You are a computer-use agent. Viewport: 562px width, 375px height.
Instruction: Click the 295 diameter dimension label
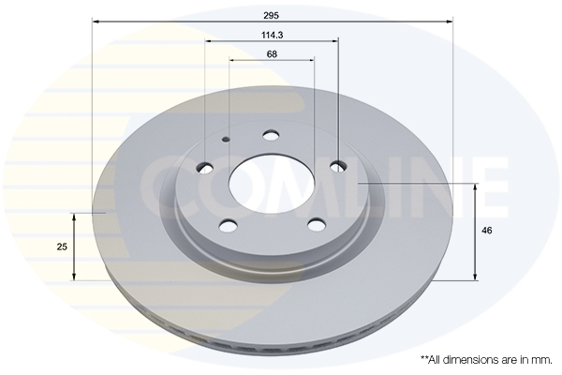(272, 15)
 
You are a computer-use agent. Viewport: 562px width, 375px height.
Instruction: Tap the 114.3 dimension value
(273, 36)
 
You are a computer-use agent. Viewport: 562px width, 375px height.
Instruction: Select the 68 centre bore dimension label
(272, 54)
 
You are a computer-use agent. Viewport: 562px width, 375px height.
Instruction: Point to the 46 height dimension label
(487, 231)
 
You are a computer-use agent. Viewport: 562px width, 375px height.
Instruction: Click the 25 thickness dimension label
(62, 247)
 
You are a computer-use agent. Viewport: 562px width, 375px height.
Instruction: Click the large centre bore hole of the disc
(272, 184)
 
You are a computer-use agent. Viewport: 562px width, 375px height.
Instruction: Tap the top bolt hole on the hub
(271, 136)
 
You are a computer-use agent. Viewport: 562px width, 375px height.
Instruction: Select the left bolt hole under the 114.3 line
(205, 168)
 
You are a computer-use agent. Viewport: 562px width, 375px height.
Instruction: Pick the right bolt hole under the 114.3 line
(338, 167)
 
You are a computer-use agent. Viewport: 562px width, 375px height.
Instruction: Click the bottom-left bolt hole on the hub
(229, 226)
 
